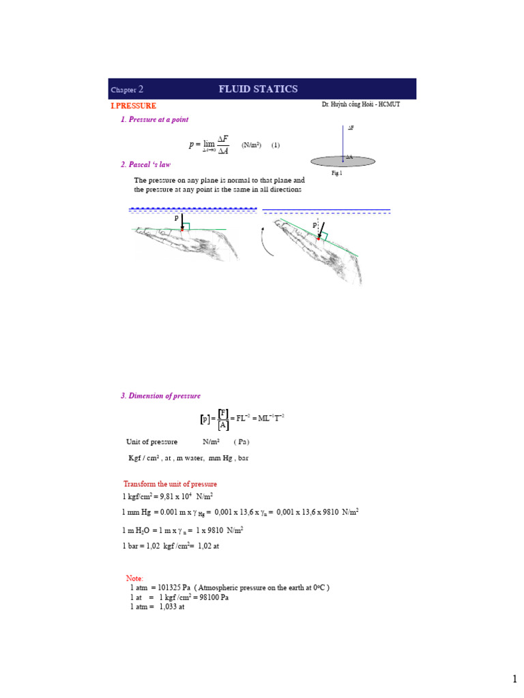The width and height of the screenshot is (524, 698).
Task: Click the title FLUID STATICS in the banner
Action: (x=258, y=89)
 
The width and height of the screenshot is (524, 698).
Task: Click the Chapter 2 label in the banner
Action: (x=127, y=90)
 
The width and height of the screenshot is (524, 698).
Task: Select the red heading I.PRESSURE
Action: (x=134, y=106)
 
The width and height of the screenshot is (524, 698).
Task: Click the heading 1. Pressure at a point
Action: (x=154, y=120)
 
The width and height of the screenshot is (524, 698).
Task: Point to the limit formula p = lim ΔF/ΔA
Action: (x=209, y=145)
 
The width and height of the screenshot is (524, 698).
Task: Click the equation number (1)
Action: (x=276, y=145)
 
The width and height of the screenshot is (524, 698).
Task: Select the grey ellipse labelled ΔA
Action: (x=343, y=161)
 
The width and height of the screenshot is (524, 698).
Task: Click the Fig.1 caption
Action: (x=336, y=174)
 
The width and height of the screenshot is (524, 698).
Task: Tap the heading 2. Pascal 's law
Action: (x=145, y=165)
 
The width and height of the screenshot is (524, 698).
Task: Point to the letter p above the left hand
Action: (x=175, y=217)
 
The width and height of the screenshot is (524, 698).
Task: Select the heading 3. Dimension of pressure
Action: (x=160, y=396)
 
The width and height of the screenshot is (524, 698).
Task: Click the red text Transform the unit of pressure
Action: (x=170, y=484)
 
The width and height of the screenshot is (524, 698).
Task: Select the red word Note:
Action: (x=134, y=578)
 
